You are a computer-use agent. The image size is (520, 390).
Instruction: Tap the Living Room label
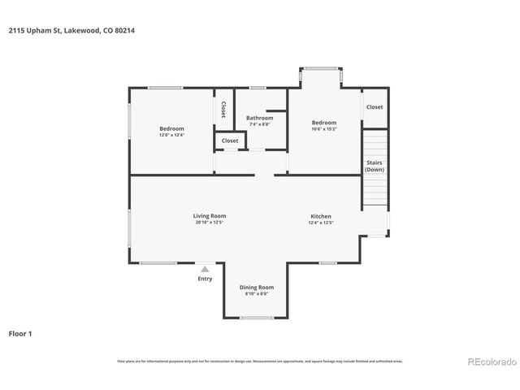[x=209, y=216]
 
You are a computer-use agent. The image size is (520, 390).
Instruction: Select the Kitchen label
[x=320, y=216]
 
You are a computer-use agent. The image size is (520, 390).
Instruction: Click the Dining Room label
[x=256, y=287]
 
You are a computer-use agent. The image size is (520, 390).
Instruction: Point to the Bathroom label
[x=259, y=118]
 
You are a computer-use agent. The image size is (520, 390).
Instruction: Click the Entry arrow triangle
[x=205, y=268]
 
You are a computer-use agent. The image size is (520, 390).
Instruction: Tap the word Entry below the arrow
[x=205, y=279]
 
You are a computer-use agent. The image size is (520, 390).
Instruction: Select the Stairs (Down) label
[x=374, y=166]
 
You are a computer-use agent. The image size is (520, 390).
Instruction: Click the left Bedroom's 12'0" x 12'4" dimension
[x=171, y=135]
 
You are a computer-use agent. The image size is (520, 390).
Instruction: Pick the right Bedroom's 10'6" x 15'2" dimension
[x=324, y=128]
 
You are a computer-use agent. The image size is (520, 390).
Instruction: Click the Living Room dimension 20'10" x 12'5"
[x=209, y=223]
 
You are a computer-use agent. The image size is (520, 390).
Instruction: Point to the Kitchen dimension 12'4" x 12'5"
[x=320, y=223]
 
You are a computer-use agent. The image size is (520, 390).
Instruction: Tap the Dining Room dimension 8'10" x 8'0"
[x=256, y=293]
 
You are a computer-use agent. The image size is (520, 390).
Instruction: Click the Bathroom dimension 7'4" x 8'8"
[x=259, y=124]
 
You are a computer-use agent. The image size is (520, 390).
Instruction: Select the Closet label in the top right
[x=374, y=107]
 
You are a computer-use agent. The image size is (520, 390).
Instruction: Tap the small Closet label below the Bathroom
[x=230, y=141]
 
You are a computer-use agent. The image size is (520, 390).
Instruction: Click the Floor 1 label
[x=20, y=333]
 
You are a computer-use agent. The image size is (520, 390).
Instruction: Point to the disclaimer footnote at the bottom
[x=260, y=361]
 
